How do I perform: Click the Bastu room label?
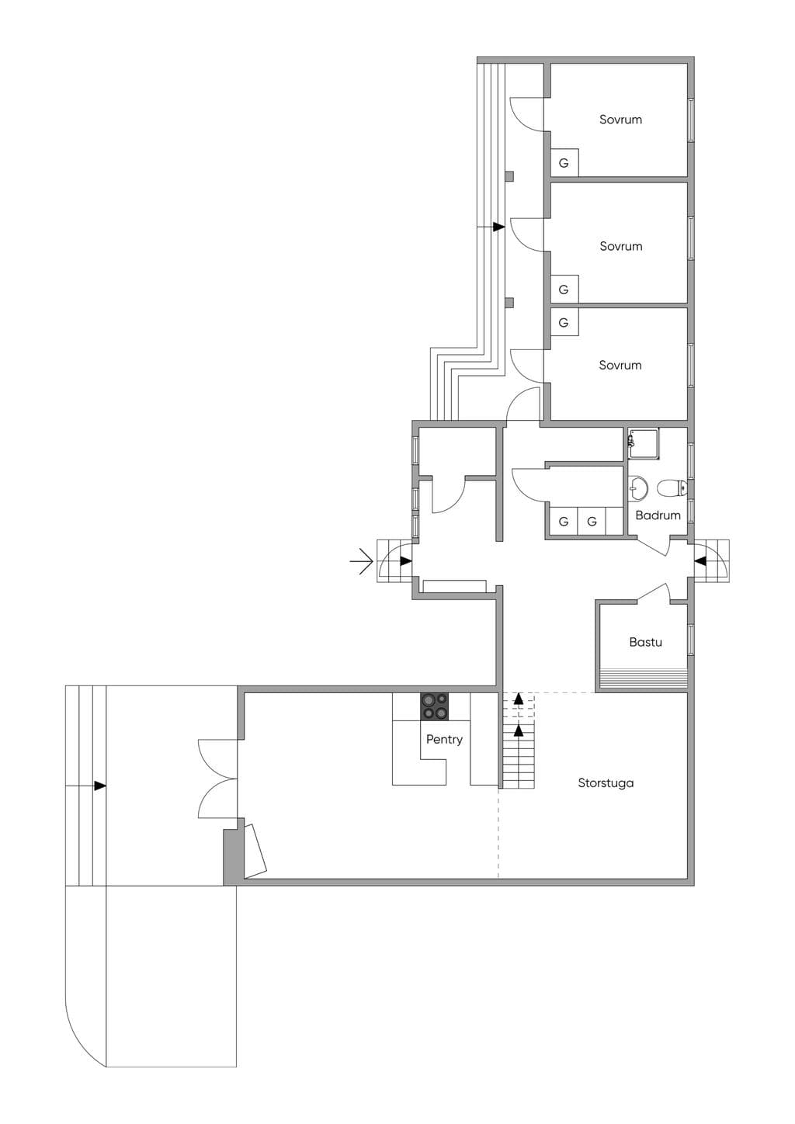click(x=645, y=642)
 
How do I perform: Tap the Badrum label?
click(x=658, y=515)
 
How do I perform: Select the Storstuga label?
click(x=606, y=782)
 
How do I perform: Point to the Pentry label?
click(x=444, y=739)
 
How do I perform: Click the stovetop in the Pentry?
click(x=434, y=706)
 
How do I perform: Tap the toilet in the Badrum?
click(x=672, y=487)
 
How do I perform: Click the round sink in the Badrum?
click(x=638, y=487)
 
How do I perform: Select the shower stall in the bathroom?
click(x=644, y=443)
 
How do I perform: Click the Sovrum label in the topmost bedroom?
click(x=620, y=120)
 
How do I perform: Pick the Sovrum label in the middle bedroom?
click(x=621, y=246)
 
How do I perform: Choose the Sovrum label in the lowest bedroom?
click(x=620, y=365)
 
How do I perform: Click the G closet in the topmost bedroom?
click(x=564, y=162)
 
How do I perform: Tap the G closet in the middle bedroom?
click(x=564, y=289)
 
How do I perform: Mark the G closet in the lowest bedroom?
click(x=564, y=322)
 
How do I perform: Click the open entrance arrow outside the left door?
click(x=361, y=560)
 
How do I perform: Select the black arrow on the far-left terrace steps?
click(x=100, y=786)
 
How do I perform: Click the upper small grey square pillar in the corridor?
click(x=509, y=176)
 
